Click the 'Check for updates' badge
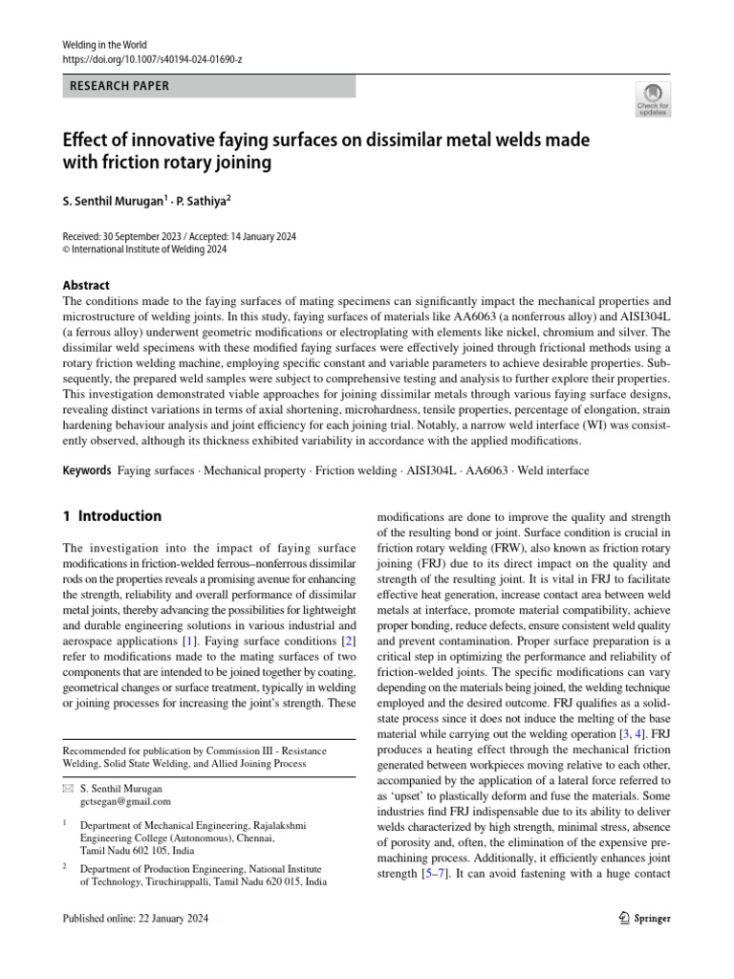(653, 99)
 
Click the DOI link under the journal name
(152, 59)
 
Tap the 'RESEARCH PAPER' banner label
(120, 86)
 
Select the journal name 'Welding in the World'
(103, 45)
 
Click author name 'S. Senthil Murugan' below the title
(113, 203)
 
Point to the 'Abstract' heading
(86, 285)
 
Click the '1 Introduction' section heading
(112, 516)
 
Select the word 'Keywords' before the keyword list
(86, 471)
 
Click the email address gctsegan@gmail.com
(125, 801)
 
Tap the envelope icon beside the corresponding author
(67, 789)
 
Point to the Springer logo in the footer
(639, 918)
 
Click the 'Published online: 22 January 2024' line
(134, 919)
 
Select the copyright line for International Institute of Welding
(144, 250)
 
